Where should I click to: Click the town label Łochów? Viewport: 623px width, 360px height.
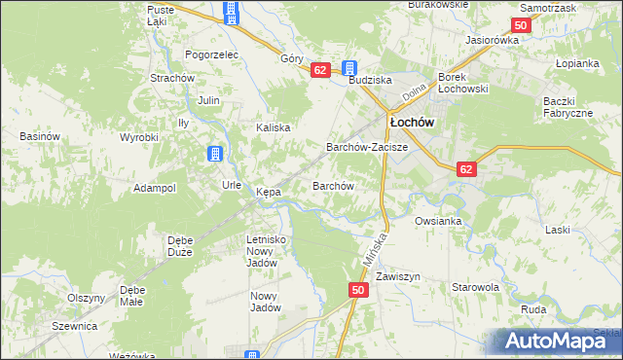411,123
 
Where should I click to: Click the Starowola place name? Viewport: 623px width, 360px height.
475,288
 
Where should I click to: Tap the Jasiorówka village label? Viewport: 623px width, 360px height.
493,40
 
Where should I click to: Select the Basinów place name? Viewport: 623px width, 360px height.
41,137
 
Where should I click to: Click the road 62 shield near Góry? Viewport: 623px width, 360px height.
320,70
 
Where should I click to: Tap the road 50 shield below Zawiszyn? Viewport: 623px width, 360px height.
358,290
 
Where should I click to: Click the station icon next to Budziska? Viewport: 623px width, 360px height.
348,68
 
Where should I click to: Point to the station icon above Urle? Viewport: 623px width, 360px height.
215,154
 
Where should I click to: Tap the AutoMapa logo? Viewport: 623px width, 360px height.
559,341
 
